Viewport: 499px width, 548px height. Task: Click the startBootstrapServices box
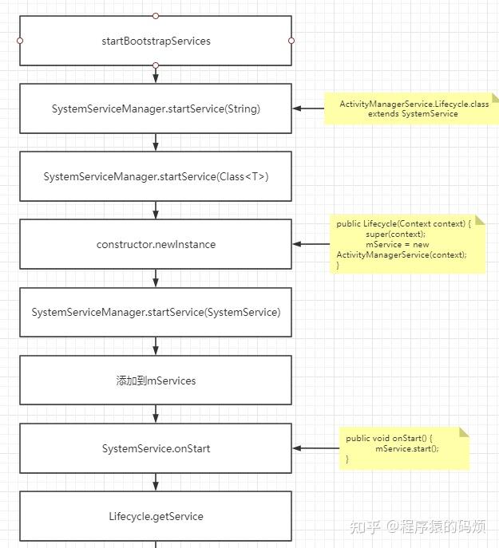click(x=156, y=41)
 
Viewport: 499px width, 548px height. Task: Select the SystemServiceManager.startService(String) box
click(x=156, y=108)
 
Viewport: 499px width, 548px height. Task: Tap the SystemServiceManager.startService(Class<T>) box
click(x=156, y=176)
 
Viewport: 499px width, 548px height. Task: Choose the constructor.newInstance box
click(x=156, y=244)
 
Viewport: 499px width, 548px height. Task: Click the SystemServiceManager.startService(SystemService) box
click(x=156, y=312)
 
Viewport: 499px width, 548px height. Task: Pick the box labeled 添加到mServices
click(x=156, y=380)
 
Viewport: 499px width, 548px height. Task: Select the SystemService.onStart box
click(x=156, y=448)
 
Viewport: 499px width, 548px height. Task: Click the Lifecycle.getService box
click(x=156, y=516)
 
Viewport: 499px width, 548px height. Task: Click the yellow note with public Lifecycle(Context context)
click(x=407, y=243)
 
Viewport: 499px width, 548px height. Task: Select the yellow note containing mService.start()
click(x=403, y=448)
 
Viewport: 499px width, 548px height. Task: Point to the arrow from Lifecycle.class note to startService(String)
click(x=308, y=108)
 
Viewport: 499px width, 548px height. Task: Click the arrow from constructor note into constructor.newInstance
click(x=311, y=244)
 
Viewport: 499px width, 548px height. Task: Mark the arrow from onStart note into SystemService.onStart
click(x=315, y=448)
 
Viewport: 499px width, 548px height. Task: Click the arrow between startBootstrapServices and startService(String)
click(x=156, y=74)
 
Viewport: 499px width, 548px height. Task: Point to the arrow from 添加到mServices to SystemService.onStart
click(x=156, y=414)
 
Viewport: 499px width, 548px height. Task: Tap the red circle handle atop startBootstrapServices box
click(x=156, y=16)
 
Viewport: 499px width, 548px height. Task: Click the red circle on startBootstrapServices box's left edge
click(x=20, y=41)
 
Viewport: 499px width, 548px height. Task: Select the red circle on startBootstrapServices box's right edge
click(x=291, y=41)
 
